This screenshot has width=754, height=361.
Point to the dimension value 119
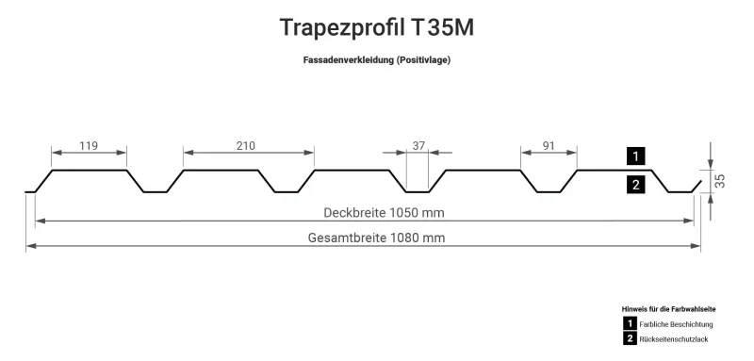click(89, 145)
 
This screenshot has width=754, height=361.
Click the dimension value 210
click(247, 145)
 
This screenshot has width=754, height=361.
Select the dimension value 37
click(418, 145)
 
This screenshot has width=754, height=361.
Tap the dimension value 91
click(549, 145)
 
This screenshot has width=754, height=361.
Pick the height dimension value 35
click(721, 181)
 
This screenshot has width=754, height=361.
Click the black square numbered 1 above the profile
click(636, 156)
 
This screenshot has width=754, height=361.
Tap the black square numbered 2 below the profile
click(636, 185)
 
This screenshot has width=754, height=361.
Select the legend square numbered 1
click(630, 323)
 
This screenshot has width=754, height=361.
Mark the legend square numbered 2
click(630, 338)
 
